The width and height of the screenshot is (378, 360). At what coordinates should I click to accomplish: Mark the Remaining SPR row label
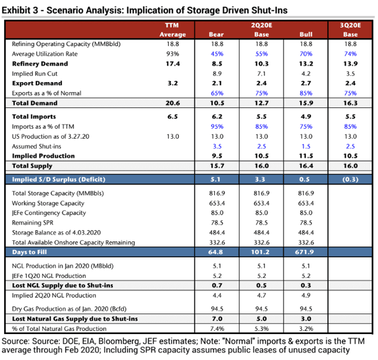click(37, 222)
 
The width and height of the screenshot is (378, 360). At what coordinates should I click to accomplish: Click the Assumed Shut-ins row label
click(38, 145)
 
